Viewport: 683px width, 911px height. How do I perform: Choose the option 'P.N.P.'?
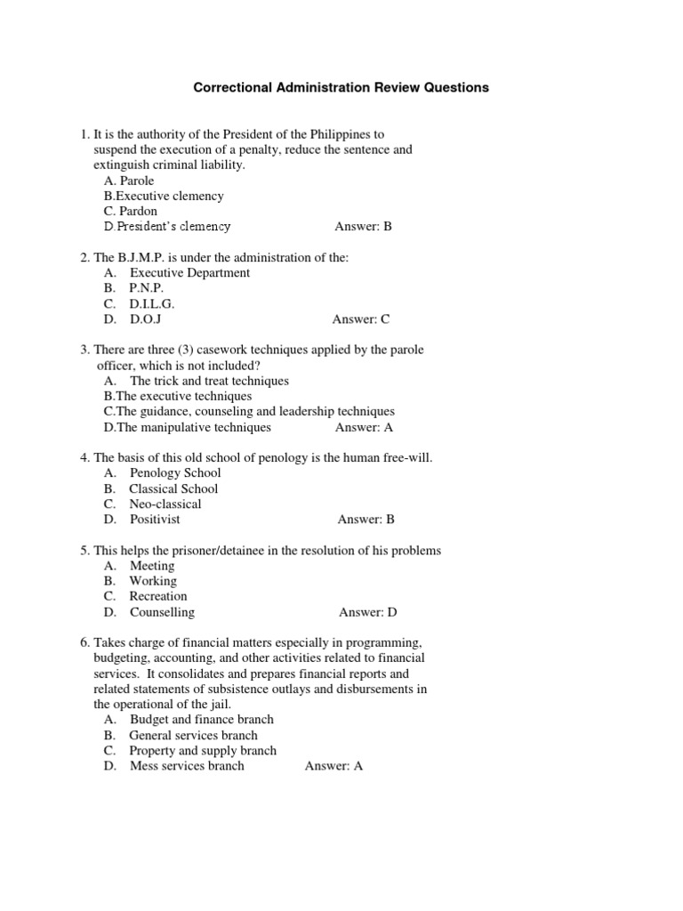click(x=147, y=288)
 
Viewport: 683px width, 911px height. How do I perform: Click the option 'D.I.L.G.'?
click(x=152, y=303)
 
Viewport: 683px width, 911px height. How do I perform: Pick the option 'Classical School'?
click(x=173, y=488)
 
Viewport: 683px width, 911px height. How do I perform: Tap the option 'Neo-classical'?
click(x=165, y=504)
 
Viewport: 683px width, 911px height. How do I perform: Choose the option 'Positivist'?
click(x=155, y=519)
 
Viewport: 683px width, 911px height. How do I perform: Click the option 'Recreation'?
click(x=158, y=596)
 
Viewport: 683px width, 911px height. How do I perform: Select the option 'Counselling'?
click(x=162, y=612)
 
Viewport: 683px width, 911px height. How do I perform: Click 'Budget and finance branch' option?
click(x=202, y=719)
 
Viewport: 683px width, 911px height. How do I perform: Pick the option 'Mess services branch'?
click(x=187, y=765)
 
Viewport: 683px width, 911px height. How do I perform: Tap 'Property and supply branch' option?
click(x=203, y=750)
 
